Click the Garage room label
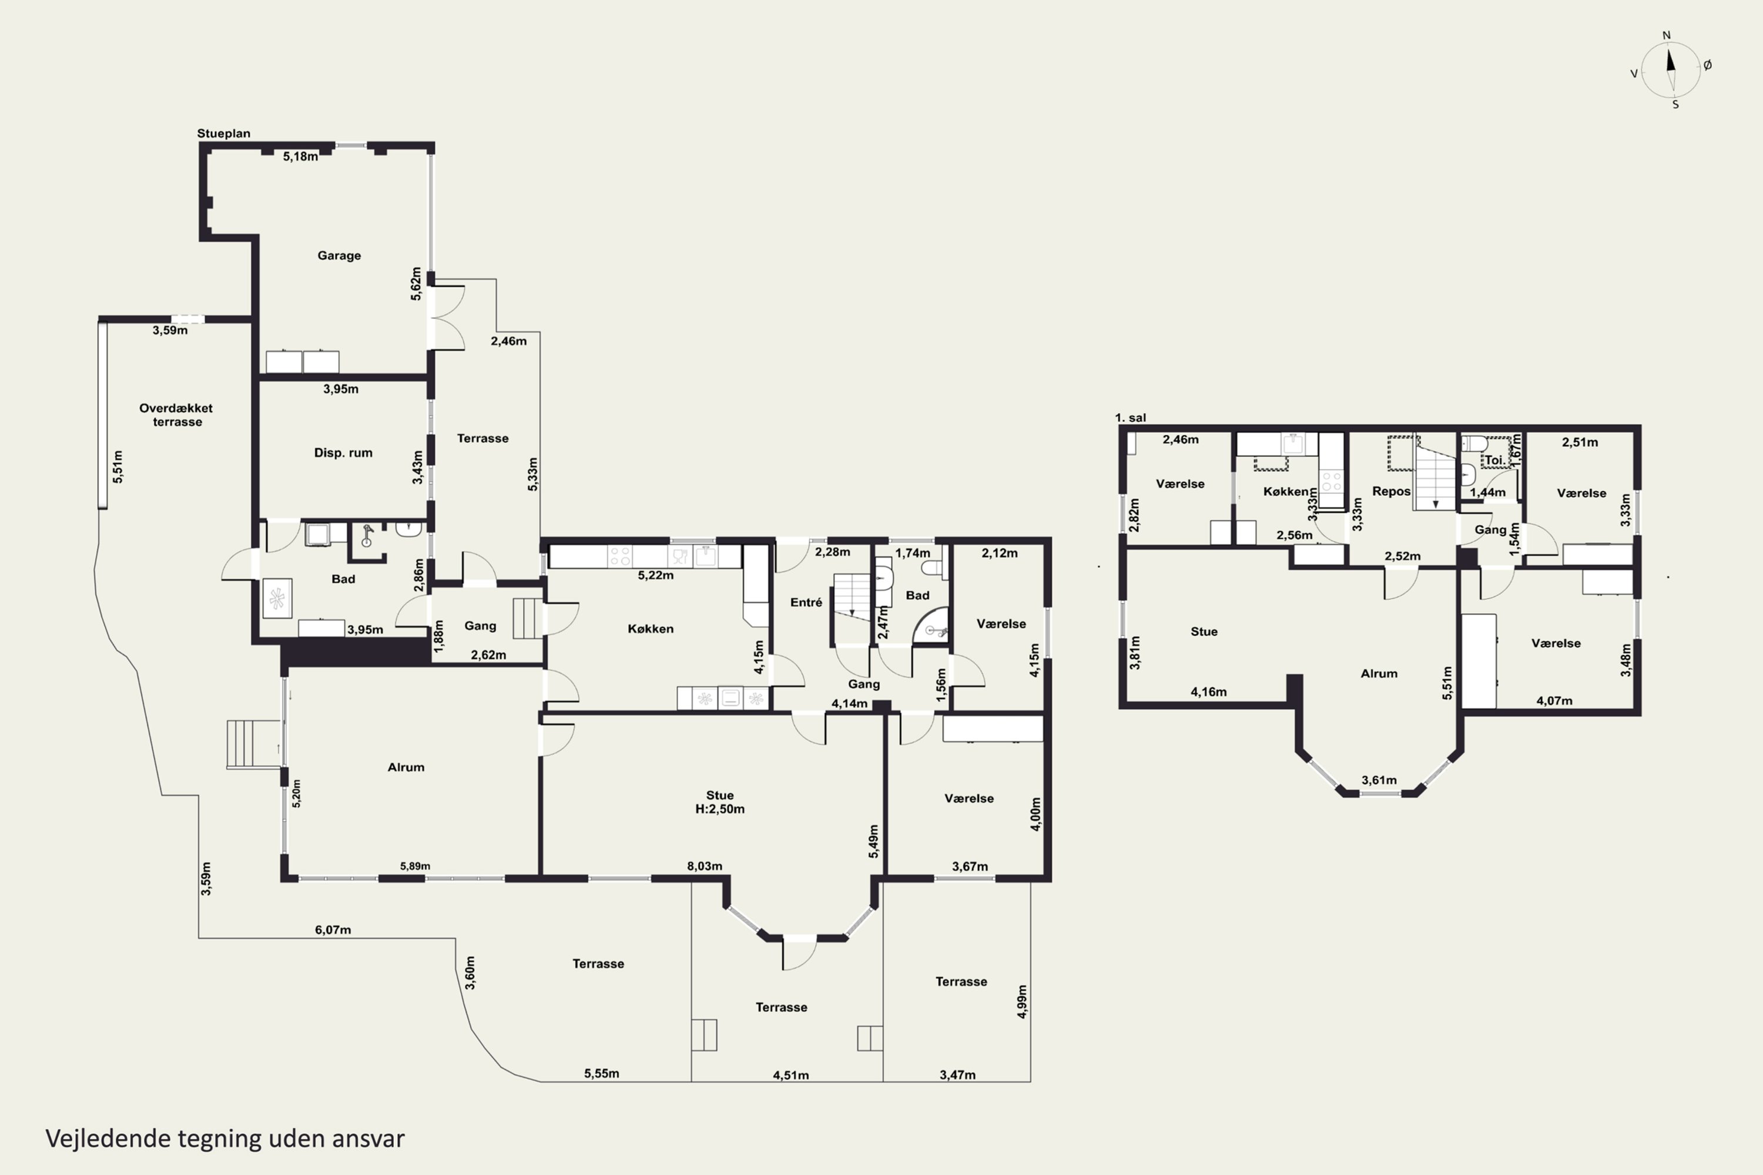pos(339,256)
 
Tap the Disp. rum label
pos(343,452)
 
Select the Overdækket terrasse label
pos(176,414)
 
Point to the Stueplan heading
pos(223,133)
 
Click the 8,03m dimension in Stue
pos(705,866)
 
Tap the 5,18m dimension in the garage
pos(300,157)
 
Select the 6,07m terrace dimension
pos(333,930)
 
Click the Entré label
pos(806,603)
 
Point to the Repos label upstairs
pos(1391,492)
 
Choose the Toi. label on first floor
pos(1494,461)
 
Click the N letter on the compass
pos(1666,35)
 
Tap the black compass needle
pos(1670,59)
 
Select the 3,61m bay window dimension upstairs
pos(1379,780)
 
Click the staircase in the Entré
pos(852,597)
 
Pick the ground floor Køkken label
pos(650,629)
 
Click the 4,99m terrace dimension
pos(1022,1002)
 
